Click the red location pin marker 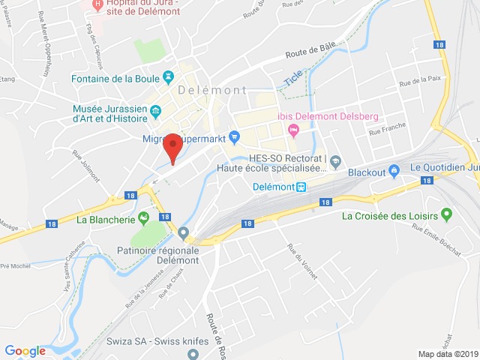(x=173, y=145)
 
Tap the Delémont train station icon (x=301, y=187)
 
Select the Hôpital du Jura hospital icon (x=96, y=5)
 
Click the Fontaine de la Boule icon (x=168, y=77)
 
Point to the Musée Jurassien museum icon (x=155, y=112)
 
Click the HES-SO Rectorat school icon (x=335, y=160)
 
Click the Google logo (x=25, y=350)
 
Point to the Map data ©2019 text (x=447, y=354)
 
